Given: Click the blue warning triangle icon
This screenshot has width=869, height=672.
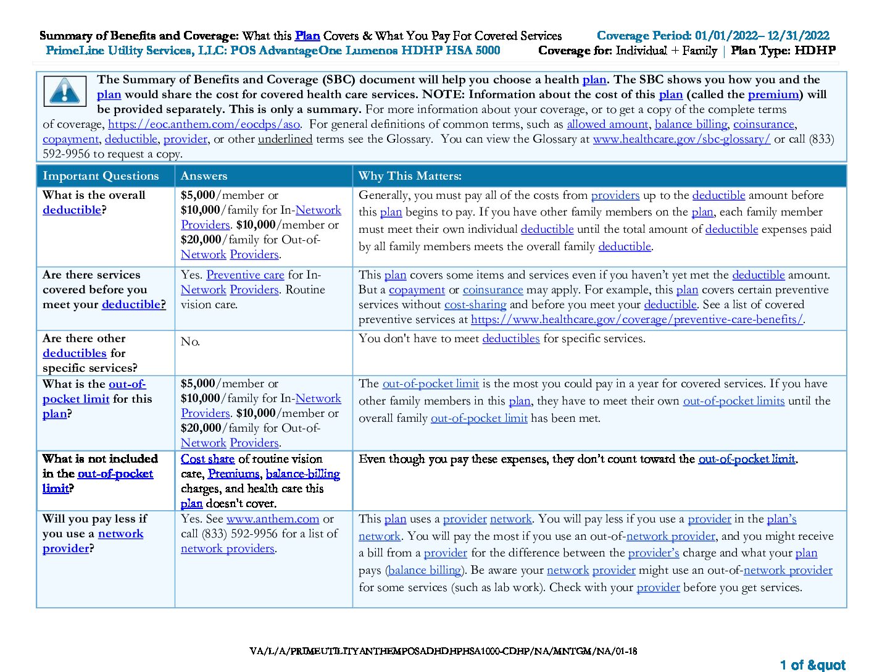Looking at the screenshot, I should click(64, 92).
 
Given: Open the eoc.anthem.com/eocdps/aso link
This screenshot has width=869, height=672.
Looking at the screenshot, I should click(204, 124).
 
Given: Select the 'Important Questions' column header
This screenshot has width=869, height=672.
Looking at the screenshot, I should click(101, 176).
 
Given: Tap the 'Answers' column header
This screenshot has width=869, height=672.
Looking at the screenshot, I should click(204, 176).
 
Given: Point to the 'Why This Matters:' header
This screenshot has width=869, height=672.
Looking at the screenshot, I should click(410, 176).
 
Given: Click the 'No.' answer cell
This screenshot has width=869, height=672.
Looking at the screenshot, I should click(190, 342).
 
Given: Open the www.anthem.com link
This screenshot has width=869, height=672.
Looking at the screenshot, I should click(273, 519).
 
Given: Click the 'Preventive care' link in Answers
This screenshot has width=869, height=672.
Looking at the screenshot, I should click(245, 275).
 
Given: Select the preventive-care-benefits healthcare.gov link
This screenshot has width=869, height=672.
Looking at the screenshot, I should click(637, 319).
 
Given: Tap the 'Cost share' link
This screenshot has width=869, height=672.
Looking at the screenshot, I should click(207, 459).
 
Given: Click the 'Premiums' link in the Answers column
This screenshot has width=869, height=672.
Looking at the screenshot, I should click(233, 474).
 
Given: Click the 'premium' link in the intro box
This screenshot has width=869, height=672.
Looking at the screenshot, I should click(773, 94).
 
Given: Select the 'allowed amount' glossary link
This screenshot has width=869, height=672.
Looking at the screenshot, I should click(607, 124).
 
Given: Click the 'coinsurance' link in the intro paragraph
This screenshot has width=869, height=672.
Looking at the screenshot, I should click(763, 124).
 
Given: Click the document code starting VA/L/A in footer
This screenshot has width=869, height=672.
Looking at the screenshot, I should click(443, 650).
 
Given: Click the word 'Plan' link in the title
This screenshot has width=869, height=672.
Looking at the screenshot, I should click(307, 36).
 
